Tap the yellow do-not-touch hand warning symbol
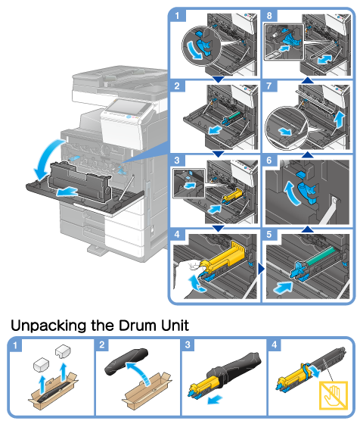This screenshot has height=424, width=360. pos(334,395)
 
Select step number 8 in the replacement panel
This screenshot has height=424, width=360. pos(269,15)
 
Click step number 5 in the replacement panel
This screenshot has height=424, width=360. pos(269,235)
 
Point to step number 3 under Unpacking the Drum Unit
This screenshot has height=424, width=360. pos(188,344)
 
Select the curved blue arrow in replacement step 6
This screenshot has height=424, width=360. pos(292,193)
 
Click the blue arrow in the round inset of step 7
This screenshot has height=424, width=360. pos(285,132)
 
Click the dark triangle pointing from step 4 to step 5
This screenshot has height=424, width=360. pos(261,269)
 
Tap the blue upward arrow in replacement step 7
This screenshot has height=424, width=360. pos(339,120)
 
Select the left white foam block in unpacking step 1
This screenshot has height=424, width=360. pos(41,365)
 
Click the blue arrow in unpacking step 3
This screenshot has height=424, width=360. pos(215,399)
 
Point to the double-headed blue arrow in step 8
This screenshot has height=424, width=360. pos(324,59)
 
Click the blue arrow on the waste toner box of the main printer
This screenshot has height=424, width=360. pos(67,192)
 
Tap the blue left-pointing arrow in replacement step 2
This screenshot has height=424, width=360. pos(216,130)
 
